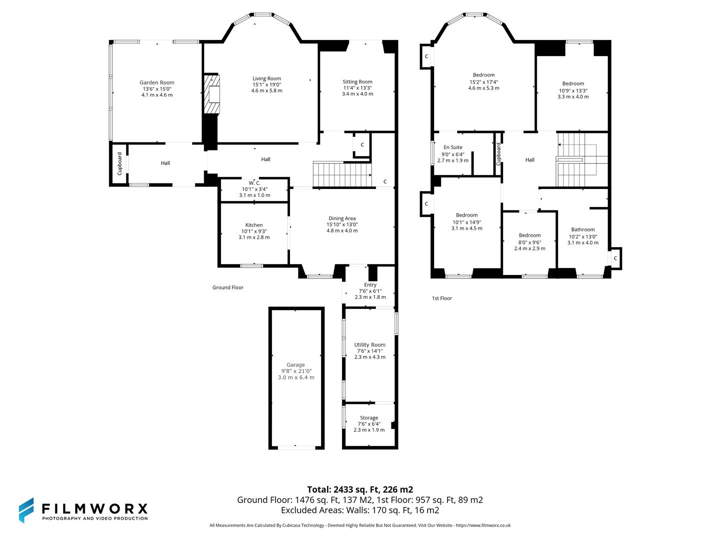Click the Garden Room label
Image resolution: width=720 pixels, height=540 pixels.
coord(156,82)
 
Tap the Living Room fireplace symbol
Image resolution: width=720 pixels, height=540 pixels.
coord(212,94)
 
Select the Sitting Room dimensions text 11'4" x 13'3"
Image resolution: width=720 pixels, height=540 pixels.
coord(357,88)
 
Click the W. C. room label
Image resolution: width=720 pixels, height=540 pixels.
coord(254,183)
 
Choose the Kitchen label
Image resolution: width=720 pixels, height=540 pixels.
coord(254,225)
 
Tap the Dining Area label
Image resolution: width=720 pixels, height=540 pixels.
coord(342,218)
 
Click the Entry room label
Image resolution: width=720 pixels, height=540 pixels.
coord(370,284)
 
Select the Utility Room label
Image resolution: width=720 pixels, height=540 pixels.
coord(369,344)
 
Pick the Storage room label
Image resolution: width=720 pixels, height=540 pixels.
coord(369,417)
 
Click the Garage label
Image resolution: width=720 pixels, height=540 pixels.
coord(295,364)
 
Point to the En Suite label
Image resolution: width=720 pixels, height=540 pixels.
coord(452,147)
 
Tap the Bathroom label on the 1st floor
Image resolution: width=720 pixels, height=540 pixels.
coord(583,229)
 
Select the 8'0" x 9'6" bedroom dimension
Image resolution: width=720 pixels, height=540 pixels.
coord(529,242)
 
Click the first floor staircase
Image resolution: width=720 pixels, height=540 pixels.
coord(575,159)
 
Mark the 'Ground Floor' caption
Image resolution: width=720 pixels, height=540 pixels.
coord(228,287)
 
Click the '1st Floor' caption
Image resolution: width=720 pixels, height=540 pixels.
coord(442,298)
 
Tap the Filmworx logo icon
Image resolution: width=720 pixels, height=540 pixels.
coord(26,510)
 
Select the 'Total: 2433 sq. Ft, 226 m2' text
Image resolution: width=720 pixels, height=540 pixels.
coord(360,489)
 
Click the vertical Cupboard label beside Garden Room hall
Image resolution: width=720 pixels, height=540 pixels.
coord(119,163)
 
